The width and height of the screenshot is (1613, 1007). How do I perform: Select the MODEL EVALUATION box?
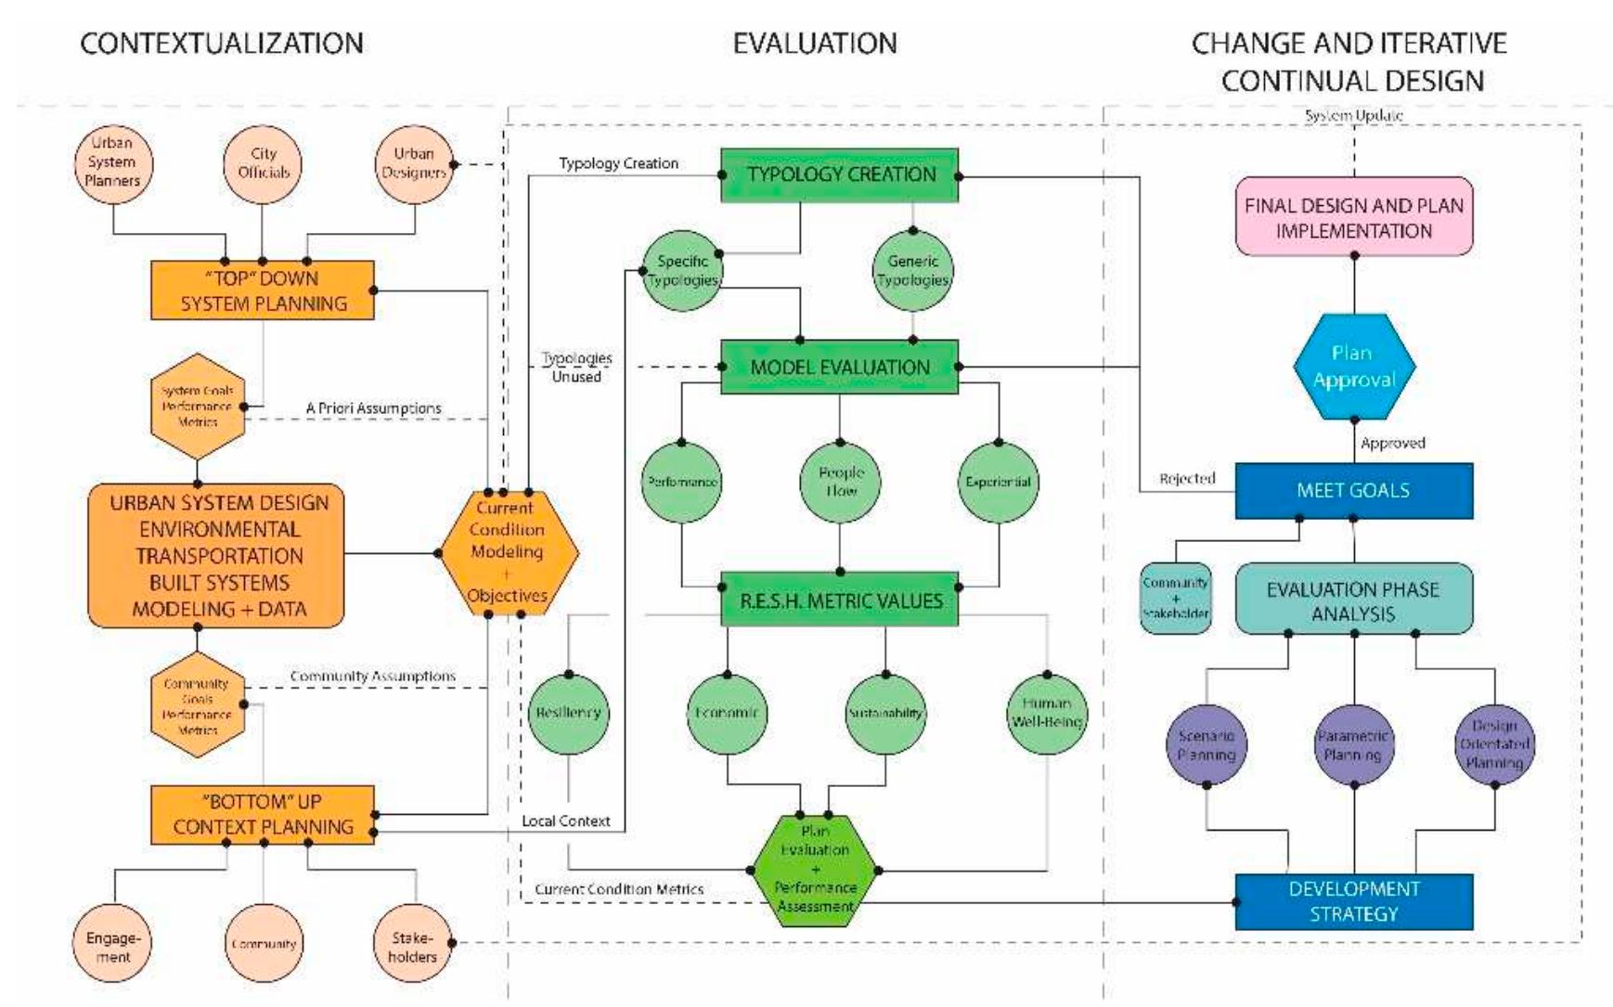tap(839, 367)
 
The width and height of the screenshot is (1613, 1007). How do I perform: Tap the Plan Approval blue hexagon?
tap(1353, 367)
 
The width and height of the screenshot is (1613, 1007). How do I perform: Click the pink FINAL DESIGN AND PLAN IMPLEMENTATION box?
tap(1353, 217)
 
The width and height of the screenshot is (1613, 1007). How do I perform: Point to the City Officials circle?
tap(264, 163)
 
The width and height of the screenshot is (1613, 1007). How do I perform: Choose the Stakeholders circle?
tap(413, 945)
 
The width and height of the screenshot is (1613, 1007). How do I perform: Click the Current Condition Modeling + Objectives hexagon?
tap(507, 552)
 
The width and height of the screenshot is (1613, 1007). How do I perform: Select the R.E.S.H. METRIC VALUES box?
tap(839, 600)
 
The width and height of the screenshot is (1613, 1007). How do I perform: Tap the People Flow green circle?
tap(840, 482)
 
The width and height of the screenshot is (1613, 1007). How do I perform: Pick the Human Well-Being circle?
tap(1047, 713)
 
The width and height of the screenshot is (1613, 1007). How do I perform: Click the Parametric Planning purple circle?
tap(1353, 744)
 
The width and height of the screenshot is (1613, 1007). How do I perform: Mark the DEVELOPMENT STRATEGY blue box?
tap(1353, 901)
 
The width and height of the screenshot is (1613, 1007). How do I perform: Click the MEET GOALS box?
tap(1353, 490)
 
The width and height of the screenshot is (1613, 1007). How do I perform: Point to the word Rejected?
tap(1187, 479)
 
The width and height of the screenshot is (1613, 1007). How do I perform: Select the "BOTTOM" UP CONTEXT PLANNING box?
tap(263, 814)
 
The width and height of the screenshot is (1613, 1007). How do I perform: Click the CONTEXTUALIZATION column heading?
tap(222, 44)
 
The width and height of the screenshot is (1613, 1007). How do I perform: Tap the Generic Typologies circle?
tap(912, 270)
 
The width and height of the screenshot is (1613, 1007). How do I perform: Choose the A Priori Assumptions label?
tap(373, 408)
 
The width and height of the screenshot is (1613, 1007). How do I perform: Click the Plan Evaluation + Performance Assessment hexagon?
tap(814, 870)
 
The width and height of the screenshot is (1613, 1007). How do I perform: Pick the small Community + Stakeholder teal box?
tap(1175, 599)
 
